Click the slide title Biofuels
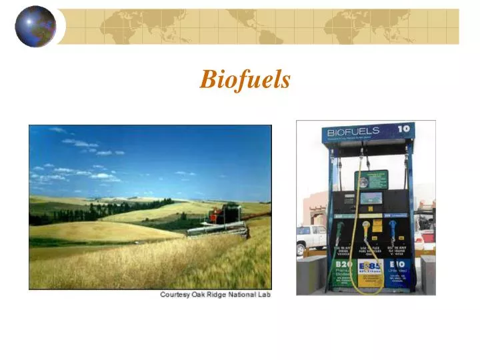(x=245, y=80)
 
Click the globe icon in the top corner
(x=35, y=27)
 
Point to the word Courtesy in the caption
(x=176, y=295)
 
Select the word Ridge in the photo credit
(x=221, y=295)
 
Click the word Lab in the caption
(x=265, y=295)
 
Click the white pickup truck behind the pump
(x=311, y=238)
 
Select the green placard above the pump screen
(x=371, y=179)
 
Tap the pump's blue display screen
(x=371, y=198)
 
